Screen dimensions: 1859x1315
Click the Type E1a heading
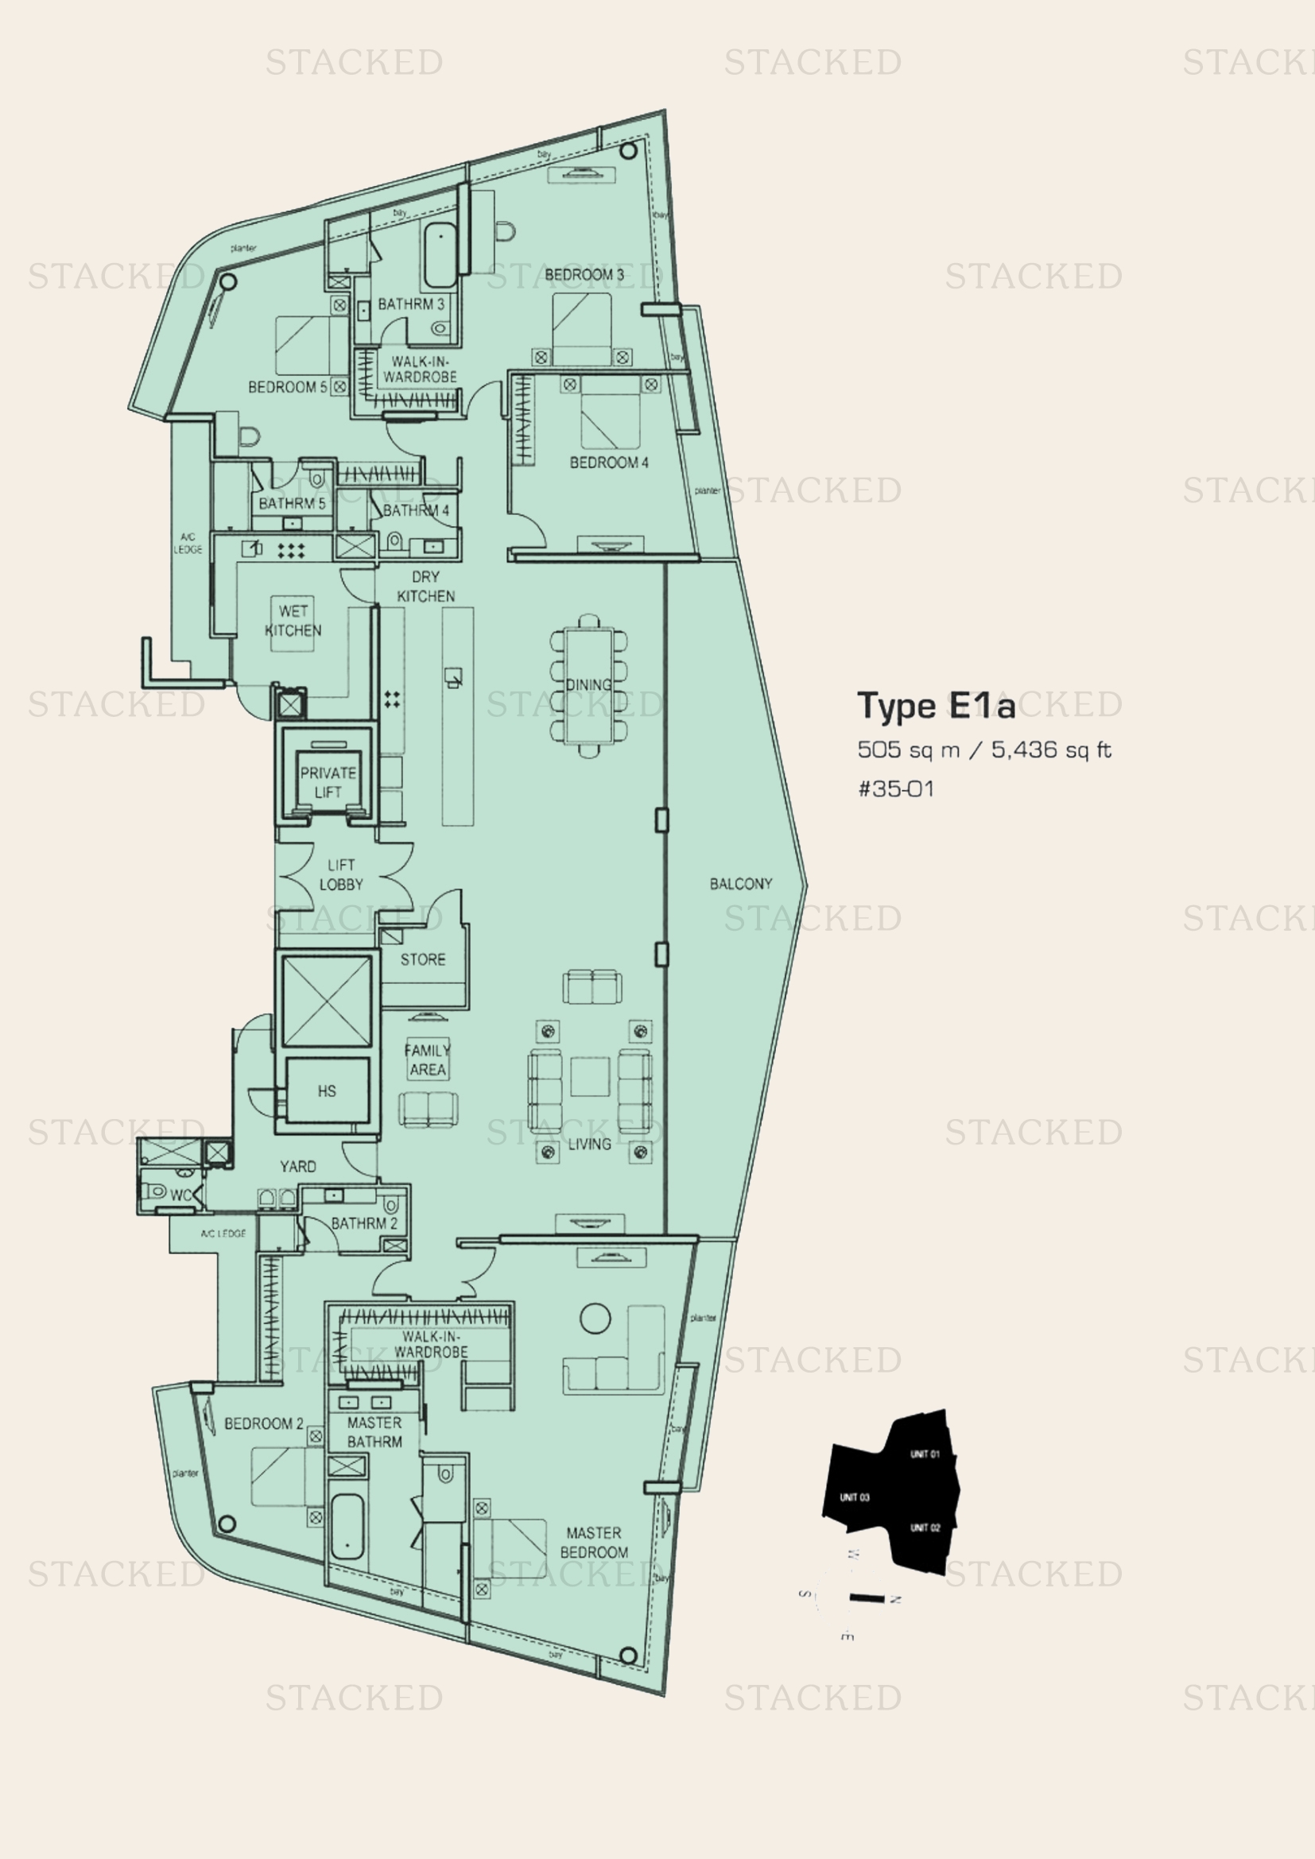coord(935,706)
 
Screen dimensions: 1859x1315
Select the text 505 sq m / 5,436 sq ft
coord(983,749)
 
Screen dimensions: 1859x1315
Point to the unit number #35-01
coord(895,788)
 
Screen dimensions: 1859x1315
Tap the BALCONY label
coord(740,883)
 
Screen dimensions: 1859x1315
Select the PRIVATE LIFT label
coord(328,782)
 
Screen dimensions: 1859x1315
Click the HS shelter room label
coord(326,1090)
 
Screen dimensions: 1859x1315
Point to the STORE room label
coord(423,959)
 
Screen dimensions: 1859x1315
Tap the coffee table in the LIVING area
coord(589,1077)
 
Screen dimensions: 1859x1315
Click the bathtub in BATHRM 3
coord(440,255)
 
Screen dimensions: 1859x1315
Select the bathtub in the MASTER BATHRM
coord(348,1524)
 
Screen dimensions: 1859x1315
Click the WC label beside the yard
coord(180,1195)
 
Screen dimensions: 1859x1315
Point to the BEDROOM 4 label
coord(609,463)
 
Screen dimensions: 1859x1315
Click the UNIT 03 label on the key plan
coord(854,1497)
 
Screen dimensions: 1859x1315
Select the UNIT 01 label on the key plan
coord(924,1454)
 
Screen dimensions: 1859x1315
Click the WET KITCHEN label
coord(293,620)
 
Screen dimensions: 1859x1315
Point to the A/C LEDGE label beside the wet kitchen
coord(188,544)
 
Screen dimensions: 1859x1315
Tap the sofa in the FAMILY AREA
coord(428,1110)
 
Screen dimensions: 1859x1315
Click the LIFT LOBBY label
coord(341,874)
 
